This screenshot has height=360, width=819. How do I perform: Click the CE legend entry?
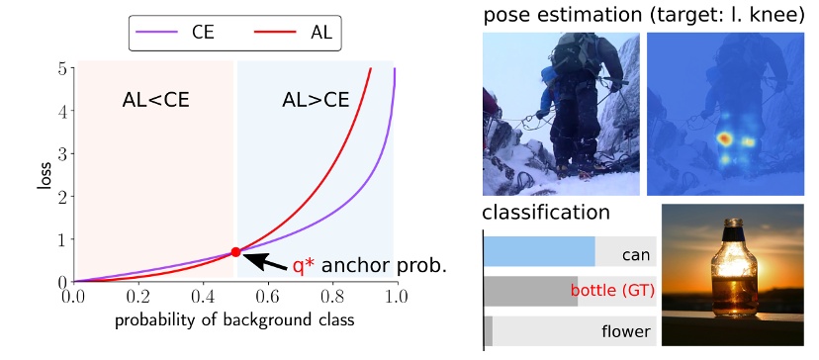tap(184, 34)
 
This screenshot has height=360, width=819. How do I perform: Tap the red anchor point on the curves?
tap(235, 252)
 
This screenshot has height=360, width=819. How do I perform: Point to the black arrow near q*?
tap(262, 261)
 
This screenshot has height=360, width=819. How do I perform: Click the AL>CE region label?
tap(316, 99)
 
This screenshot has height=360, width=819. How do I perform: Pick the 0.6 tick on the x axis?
tap(268, 295)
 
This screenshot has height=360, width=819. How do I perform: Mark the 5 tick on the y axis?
tap(62, 69)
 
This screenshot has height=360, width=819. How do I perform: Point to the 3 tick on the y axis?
tap(62, 154)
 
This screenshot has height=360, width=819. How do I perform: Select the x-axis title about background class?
tap(233, 320)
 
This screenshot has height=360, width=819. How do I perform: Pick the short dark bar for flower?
tap(488, 330)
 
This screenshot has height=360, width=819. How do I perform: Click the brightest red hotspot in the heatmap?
tap(723, 136)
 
